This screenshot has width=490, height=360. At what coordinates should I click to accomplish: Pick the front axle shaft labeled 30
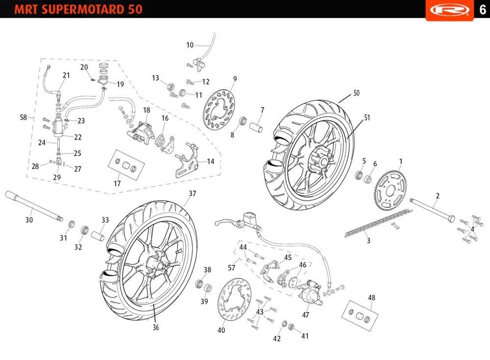pyautogui.click(x=34, y=206)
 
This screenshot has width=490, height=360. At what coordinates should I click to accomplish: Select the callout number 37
pyautogui.click(x=192, y=194)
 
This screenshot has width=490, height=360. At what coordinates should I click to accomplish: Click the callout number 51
pyautogui.click(x=367, y=118)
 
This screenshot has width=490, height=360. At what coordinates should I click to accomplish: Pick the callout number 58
pyautogui.click(x=23, y=117)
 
